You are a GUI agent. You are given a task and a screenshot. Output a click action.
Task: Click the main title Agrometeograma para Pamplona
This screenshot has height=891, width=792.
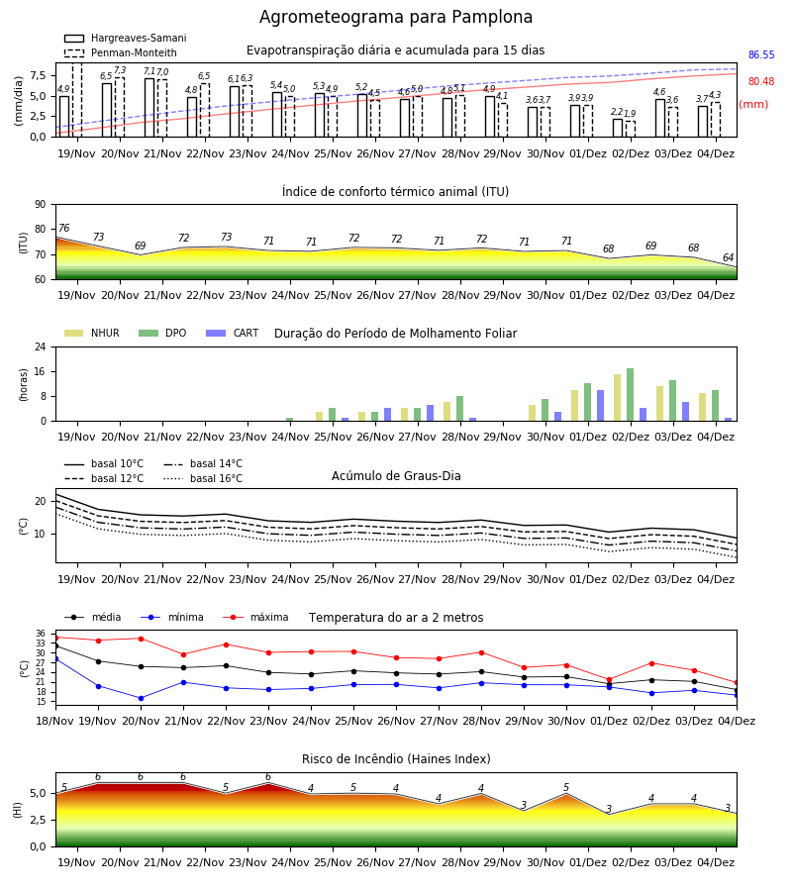tap(396, 17)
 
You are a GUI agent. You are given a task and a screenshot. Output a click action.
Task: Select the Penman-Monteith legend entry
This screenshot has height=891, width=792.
tap(121, 52)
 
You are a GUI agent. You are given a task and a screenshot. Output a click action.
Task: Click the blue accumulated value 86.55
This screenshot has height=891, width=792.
tap(761, 55)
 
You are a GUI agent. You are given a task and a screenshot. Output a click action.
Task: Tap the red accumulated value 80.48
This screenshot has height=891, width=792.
tap(761, 82)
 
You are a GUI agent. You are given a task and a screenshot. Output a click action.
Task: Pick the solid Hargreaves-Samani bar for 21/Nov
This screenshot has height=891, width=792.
tap(149, 107)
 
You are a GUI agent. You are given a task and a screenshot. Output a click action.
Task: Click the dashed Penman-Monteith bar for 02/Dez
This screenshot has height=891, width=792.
tap(630, 129)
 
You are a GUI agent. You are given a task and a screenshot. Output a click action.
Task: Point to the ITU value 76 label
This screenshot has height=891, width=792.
tap(64, 228)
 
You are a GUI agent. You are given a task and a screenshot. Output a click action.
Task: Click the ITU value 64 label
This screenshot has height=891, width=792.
tap(729, 258)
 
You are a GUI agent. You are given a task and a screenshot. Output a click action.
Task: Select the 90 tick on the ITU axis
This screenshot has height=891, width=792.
tap(41, 205)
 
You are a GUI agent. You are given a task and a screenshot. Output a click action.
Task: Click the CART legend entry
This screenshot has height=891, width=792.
tap(233, 333)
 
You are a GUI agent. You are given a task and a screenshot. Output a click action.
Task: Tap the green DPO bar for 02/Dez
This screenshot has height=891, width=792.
tap(630, 395)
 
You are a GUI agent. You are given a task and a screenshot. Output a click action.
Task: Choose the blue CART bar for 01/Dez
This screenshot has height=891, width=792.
tap(601, 406)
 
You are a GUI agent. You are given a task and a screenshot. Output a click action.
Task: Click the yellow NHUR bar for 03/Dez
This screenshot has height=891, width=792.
tap(659, 404)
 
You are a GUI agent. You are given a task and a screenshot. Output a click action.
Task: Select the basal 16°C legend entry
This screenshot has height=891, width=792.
tap(203, 478)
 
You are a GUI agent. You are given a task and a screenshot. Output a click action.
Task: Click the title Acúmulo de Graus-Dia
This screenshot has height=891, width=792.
tap(396, 476)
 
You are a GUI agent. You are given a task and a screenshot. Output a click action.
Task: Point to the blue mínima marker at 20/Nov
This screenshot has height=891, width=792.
tap(141, 698)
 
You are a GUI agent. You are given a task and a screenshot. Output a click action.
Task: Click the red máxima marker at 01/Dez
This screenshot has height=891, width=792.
tap(609, 680)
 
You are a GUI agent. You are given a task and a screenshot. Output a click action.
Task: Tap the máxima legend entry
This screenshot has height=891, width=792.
tap(255, 617)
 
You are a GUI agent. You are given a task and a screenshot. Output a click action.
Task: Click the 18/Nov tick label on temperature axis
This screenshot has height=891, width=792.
tap(55, 721)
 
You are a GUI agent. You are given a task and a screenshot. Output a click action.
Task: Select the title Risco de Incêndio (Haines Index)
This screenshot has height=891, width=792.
tap(396, 759)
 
